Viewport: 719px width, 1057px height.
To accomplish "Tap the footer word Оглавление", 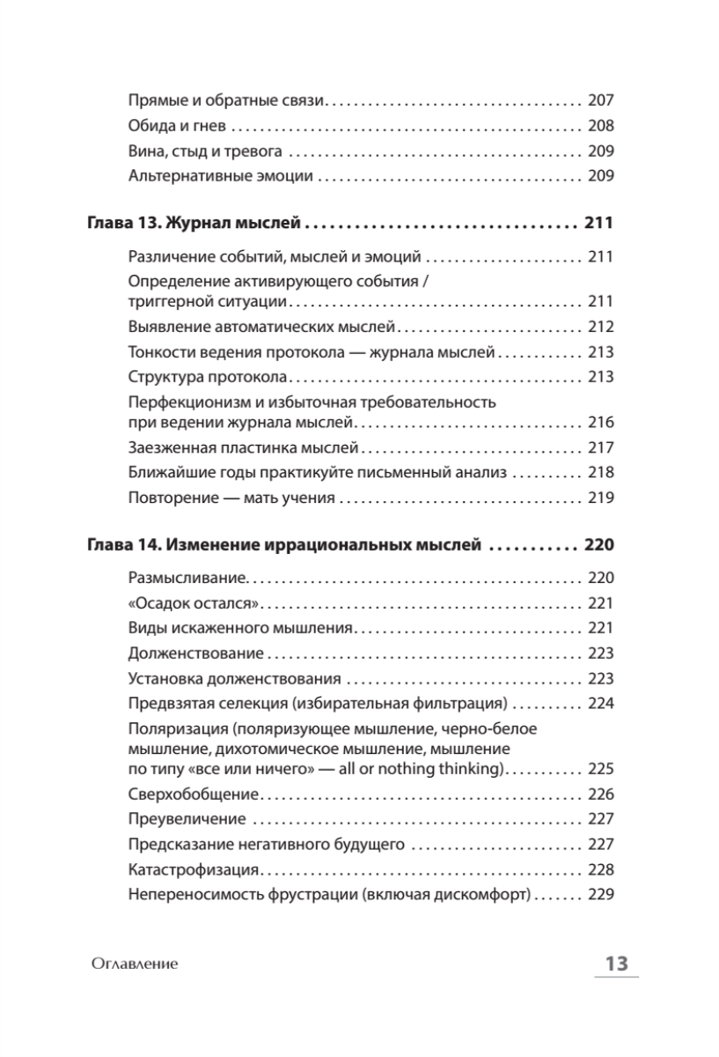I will (x=134, y=964).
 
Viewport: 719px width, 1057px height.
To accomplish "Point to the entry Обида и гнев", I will (x=172, y=125).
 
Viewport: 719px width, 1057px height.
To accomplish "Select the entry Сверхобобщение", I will (x=194, y=794).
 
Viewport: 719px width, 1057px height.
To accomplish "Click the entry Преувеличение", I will (x=186, y=819).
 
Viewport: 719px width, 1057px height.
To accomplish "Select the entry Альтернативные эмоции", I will (x=220, y=176).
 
